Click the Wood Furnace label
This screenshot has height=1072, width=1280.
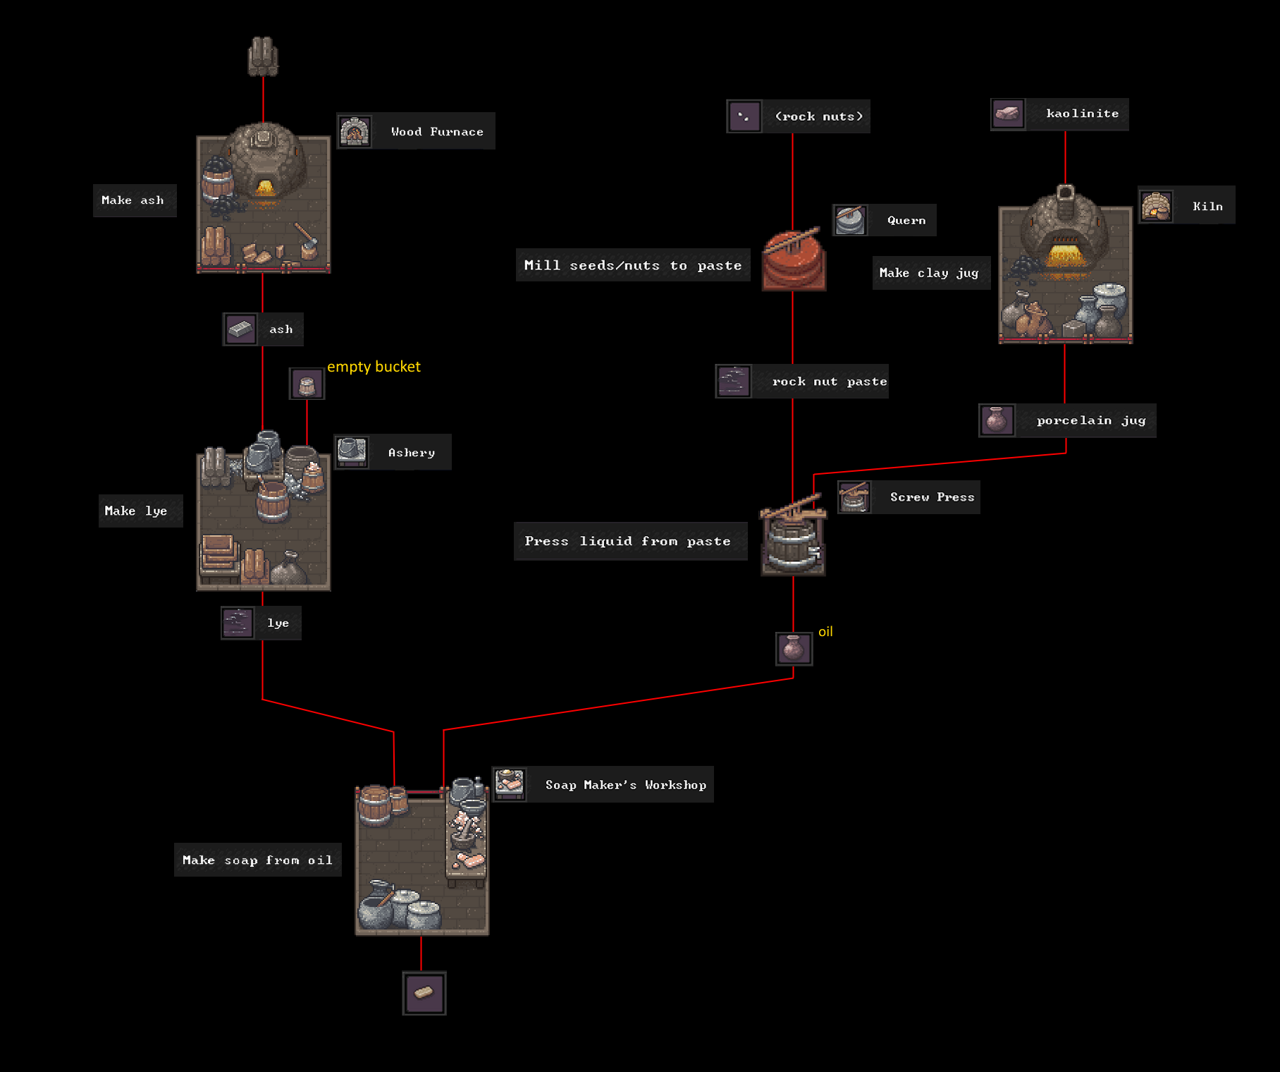click(x=437, y=131)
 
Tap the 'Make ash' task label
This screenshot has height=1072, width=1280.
click(x=134, y=200)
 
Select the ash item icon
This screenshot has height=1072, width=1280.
click(x=240, y=329)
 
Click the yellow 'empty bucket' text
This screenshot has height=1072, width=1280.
click(x=374, y=367)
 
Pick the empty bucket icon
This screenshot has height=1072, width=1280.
click(x=307, y=384)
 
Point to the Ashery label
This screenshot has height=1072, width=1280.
click(x=412, y=453)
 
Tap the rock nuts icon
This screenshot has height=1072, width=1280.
click(x=744, y=116)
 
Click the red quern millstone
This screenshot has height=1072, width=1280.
click(x=794, y=260)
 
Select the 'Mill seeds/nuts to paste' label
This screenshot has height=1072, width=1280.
click(x=633, y=265)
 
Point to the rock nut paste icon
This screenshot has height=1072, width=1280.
click(x=734, y=382)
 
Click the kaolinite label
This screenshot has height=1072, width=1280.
click(x=1082, y=114)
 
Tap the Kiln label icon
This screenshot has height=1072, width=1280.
click(x=1156, y=206)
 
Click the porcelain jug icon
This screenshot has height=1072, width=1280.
click(x=997, y=420)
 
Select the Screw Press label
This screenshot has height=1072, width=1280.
click(x=932, y=497)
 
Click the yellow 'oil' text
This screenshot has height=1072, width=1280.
click(x=825, y=632)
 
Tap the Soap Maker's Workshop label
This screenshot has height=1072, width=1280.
click(x=625, y=785)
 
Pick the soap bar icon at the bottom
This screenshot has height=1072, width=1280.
click(x=424, y=993)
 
